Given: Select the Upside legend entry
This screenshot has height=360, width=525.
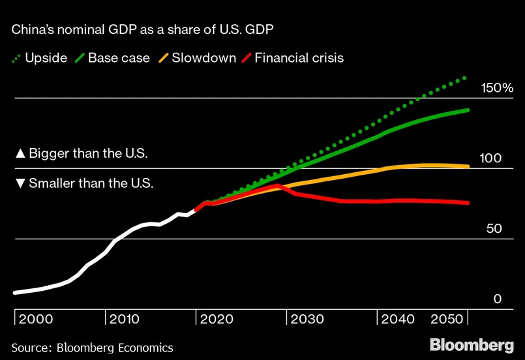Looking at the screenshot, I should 39,58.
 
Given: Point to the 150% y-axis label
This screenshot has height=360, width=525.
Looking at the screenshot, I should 496,88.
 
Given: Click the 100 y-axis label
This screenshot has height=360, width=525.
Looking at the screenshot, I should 490,158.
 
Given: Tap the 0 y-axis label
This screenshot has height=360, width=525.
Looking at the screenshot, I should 497,299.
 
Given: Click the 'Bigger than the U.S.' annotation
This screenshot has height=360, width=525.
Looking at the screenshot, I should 82,155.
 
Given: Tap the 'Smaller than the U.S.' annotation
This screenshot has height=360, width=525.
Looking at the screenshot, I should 84,183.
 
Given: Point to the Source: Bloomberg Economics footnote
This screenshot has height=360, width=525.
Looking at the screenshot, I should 93,348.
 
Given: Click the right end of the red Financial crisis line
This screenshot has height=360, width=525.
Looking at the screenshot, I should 468,203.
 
